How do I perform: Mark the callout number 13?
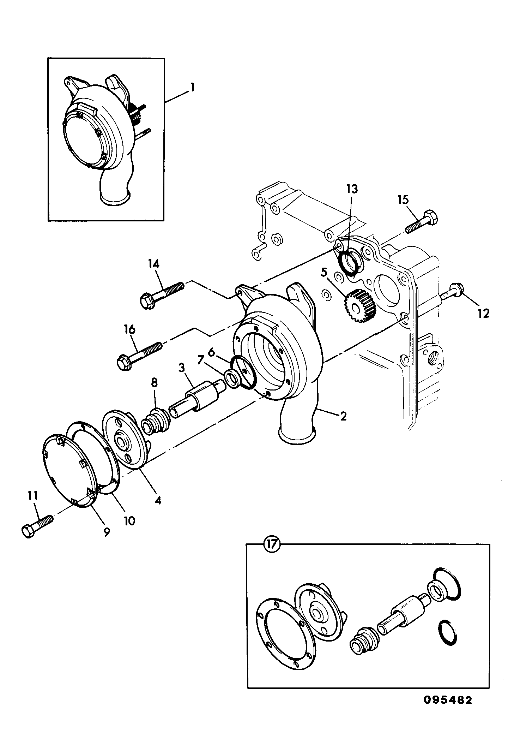pos(352,189)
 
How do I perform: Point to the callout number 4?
pos(158,500)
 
